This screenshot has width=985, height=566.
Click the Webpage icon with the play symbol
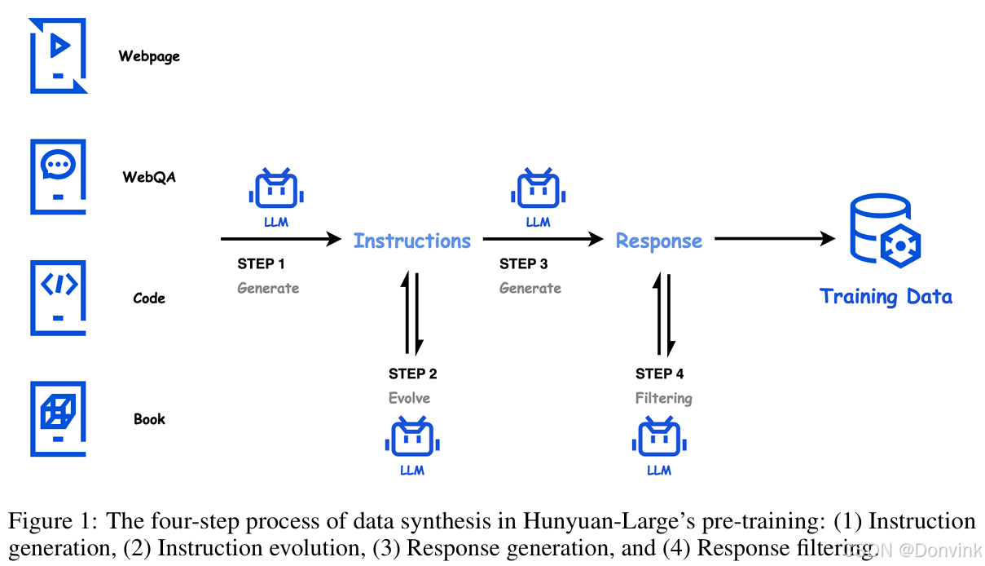[58, 55]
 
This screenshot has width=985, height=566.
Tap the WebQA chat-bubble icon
[58, 176]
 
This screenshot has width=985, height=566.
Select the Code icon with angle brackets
[58, 297]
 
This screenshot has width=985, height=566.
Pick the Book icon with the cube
[58, 418]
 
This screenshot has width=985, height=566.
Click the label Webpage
[149, 56]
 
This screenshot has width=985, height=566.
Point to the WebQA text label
[149, 177]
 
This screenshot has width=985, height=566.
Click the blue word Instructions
[412, 241]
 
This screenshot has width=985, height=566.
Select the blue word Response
[659, 241]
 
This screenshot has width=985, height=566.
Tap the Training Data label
[886, 296]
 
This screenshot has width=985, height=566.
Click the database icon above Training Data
[885, 231]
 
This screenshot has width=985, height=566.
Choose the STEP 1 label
[262, 264]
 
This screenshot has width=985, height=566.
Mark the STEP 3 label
[524, 264]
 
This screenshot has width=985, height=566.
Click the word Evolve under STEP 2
[410, 398]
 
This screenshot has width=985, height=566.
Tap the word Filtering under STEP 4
[664, 398]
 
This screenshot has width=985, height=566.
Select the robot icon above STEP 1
[276, 191]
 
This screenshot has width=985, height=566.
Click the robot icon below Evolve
[412, 438]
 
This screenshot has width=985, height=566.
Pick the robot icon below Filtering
[659, 438]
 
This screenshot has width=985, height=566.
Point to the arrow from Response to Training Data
[775, 239]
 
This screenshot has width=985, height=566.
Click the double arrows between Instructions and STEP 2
[412, 313]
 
